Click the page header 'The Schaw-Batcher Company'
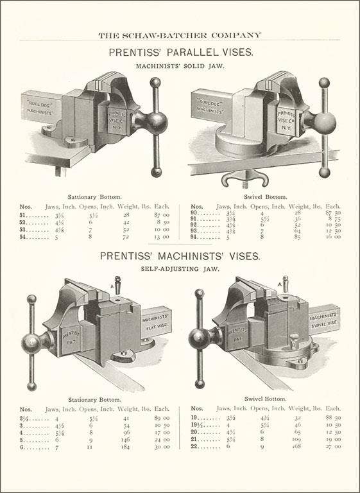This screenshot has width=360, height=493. coord(180,35)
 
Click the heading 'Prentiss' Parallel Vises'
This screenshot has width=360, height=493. coord(180,52)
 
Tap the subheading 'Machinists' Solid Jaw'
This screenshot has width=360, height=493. coord(180,65)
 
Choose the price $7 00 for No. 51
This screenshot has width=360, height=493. coord(161,215)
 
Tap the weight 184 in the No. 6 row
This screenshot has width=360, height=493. coord(126,447)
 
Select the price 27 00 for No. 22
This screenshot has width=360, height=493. coord(332,447)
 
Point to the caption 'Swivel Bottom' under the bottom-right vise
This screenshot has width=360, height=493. coord(268,399)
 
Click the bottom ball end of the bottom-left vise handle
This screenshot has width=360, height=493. coord(31,386)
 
